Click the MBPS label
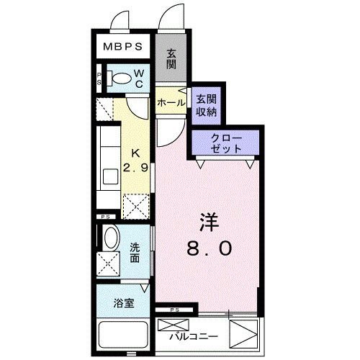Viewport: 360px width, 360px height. point(123,46)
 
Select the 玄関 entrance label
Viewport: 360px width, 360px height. point(171,59)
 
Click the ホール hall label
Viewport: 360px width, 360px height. point(171,103)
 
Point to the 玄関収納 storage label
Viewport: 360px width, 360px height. point(207,106)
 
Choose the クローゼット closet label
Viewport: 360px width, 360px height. point(226,143)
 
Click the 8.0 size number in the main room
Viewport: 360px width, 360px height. point(210,248)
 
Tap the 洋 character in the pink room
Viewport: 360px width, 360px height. point(209,222)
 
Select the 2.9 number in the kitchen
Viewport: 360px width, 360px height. point(135,168)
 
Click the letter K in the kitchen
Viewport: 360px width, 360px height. point(135,153)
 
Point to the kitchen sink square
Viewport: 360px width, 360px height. point(111,176)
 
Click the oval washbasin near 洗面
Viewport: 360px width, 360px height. point(112,238)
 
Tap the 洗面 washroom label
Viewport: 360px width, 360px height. point(135,253)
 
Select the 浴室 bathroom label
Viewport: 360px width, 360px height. point(124,303)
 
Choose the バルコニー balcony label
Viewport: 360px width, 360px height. point(194,337)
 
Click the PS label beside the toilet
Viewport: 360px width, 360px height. point(99,78)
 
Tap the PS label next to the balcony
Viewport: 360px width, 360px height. point(175,310)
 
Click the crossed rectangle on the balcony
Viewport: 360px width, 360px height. point(174,325)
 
